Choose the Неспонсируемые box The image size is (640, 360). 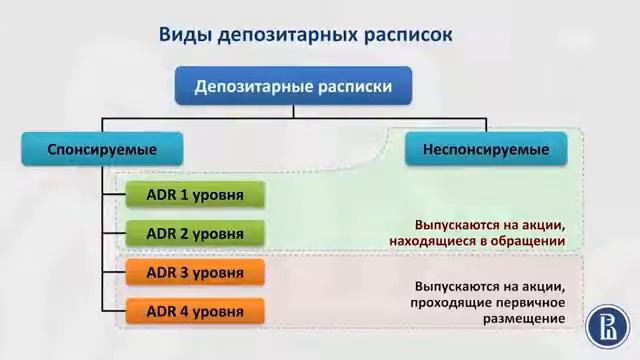[x=485, y=150]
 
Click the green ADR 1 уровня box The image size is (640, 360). [x=194, y=195]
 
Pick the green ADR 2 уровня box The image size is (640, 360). [x=194, y=234]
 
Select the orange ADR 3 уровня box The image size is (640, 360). [x=194, y=272]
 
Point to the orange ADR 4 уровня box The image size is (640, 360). [x=194, y=311]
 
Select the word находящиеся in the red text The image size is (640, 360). [x=433, y=241]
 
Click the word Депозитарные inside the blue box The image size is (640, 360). [x=250, y=87]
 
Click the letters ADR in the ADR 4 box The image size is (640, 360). [x=161, y=311]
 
